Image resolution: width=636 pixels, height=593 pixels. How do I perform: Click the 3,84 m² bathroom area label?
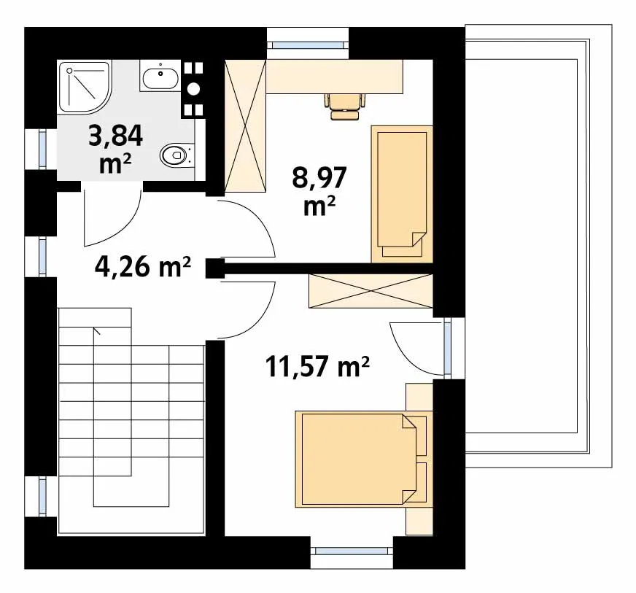115,149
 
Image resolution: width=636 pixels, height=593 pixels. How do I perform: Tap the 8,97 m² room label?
319,190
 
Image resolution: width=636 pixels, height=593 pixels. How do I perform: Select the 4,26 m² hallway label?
143,267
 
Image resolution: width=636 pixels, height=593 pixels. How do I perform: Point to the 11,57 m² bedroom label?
317,366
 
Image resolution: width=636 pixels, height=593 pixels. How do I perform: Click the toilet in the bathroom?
177,155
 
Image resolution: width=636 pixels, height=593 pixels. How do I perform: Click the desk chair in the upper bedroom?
344,106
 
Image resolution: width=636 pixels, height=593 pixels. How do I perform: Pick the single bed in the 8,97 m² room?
402,194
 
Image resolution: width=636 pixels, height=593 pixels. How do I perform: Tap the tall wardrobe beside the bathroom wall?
245,125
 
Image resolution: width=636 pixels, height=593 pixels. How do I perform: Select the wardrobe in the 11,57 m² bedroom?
371,291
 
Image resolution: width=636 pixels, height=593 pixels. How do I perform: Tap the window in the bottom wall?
352,551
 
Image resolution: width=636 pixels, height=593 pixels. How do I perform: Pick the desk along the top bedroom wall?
335,77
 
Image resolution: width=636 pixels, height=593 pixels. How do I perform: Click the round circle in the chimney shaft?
194,89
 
